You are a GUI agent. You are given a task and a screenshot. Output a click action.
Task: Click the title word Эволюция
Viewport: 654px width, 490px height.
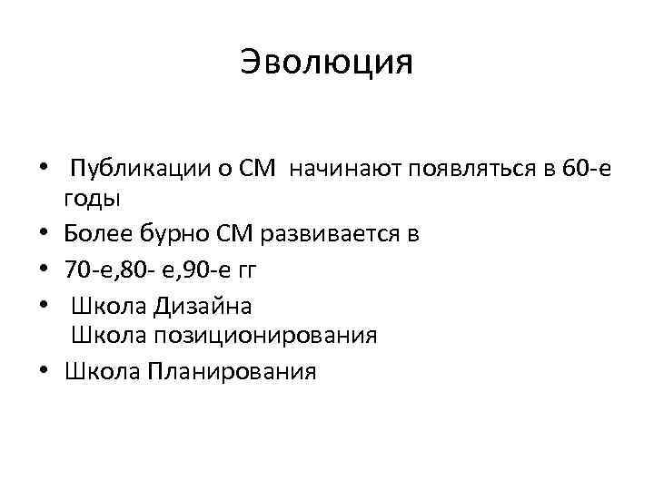point(327,62)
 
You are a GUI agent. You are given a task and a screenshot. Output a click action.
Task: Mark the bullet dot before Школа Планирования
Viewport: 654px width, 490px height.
point(43,371)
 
